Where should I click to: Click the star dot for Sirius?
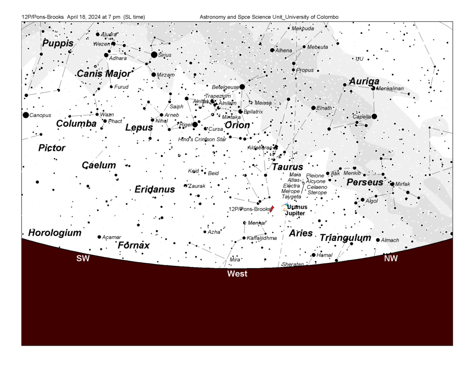(x=154, y=55)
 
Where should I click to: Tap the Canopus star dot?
(x=26, y=115)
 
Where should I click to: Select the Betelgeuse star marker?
(x=242, y=87)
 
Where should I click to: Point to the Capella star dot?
(x=374, y=116)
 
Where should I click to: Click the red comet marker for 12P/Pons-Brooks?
(x=272, y=209)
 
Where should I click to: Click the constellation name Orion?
(x=237, y=125)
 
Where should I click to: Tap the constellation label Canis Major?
(x=103, y=74)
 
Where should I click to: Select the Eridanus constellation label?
(x=154, y=189)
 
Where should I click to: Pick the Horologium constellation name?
(x=55, y=232)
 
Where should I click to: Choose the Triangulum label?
(x=346, y=238)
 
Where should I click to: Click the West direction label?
(x=237, y=274)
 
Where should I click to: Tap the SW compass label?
(x=83, y=258)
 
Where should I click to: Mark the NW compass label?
(x=391, y=258)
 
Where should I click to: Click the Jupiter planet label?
(x=295, y=213)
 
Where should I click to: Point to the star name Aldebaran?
(x=259, y=148)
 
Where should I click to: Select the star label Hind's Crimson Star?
(x=203, y=139)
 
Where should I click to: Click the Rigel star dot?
(x=195, y=124)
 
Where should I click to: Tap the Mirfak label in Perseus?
(x=403, y=184)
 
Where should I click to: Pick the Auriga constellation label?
(x=364, y=82)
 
